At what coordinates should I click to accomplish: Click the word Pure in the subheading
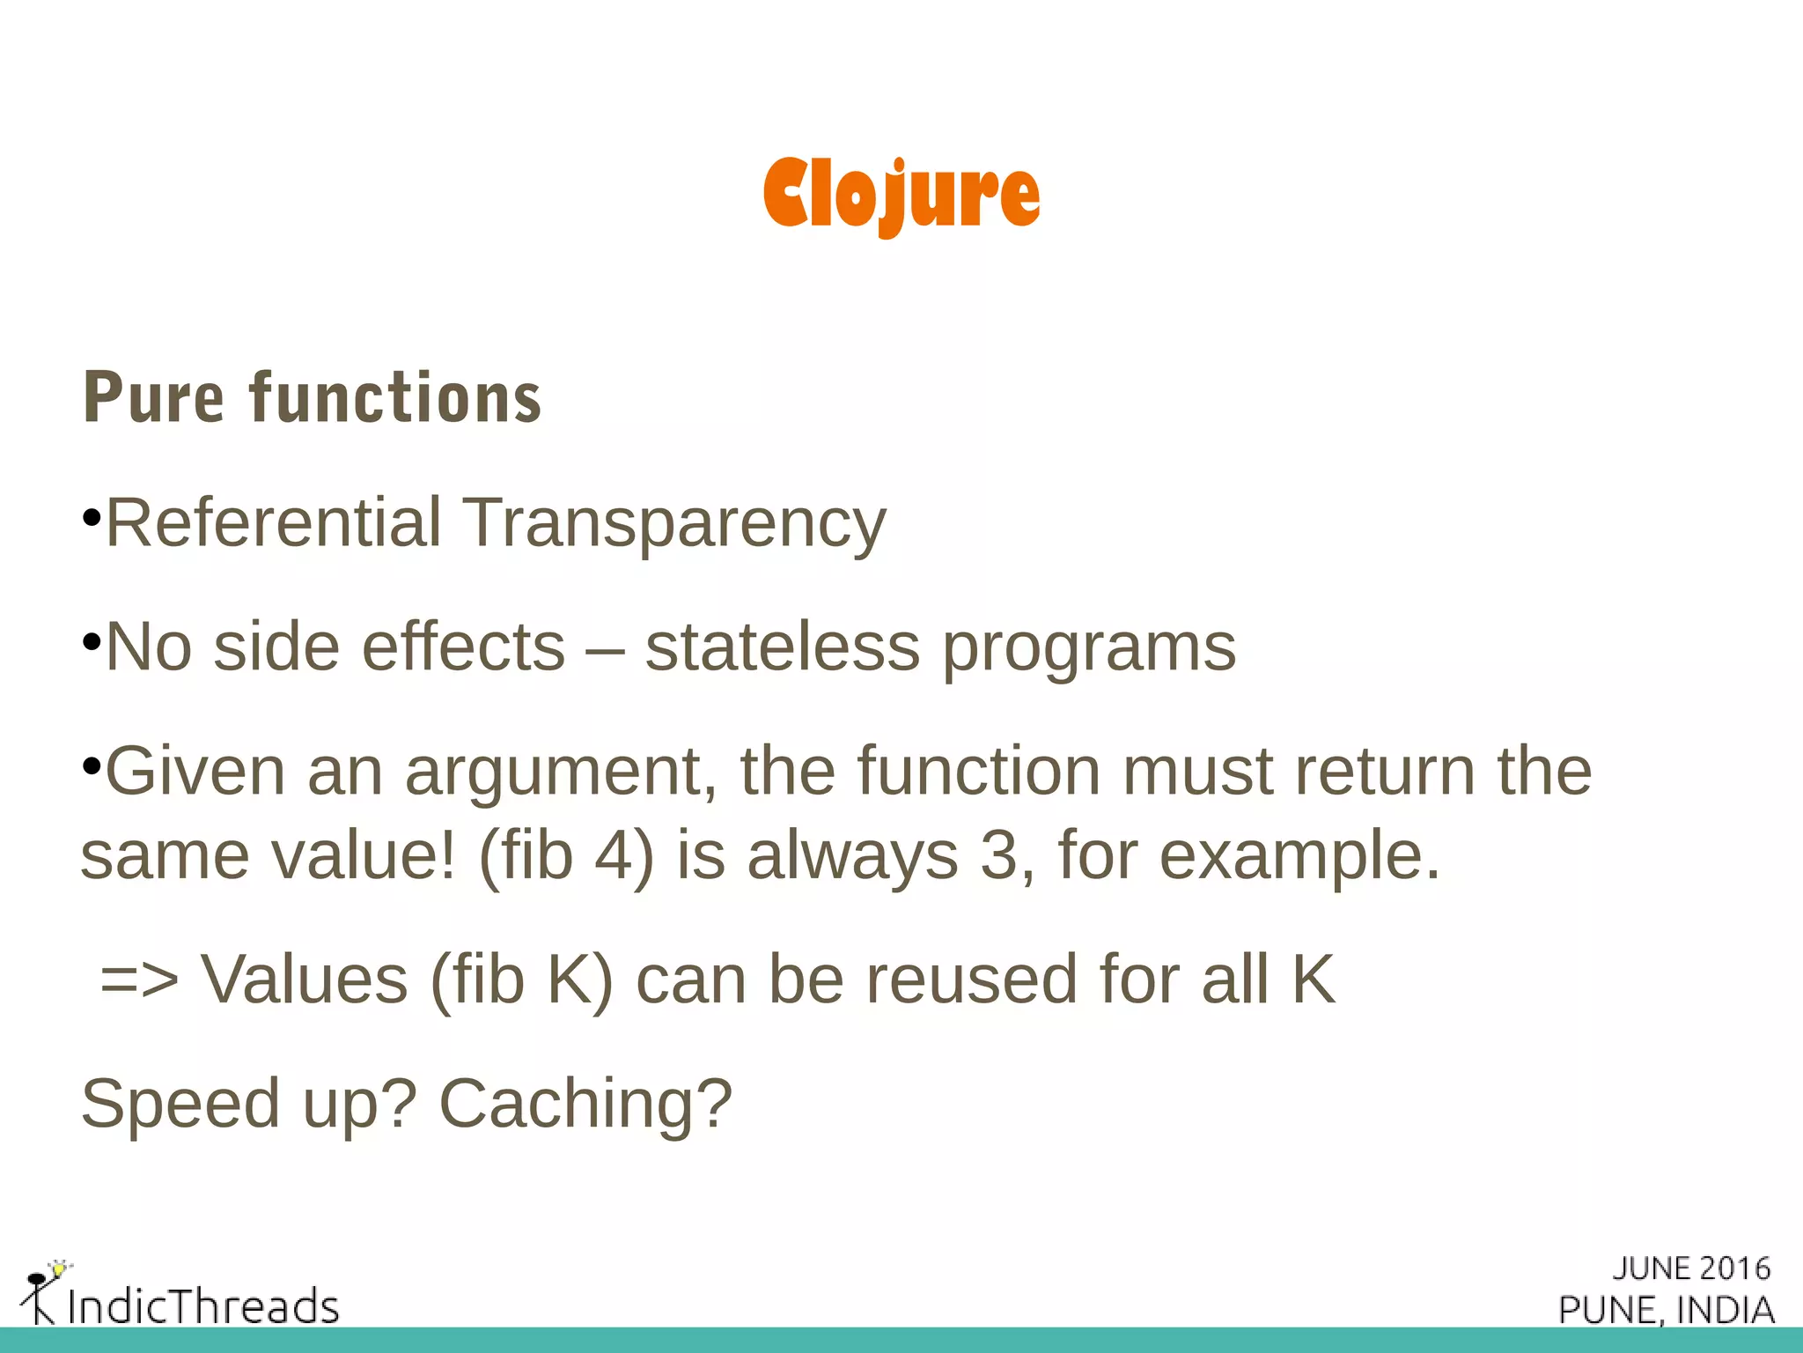(x=154, y=398)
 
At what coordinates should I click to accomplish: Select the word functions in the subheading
(x=395, y=398)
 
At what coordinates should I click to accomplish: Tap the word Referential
(x=273, y=523)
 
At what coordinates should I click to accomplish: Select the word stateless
(x=782, y=647)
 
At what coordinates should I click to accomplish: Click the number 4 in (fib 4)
(x=614, y=855)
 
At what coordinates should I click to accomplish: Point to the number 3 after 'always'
(x=998, y=855)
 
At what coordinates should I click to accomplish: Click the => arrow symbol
(x=139, y=980)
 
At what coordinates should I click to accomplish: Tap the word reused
(x=972, y=980)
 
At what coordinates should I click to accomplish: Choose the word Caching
(x=585, y=1104)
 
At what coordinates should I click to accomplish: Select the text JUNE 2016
(x=1691, y=1268)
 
